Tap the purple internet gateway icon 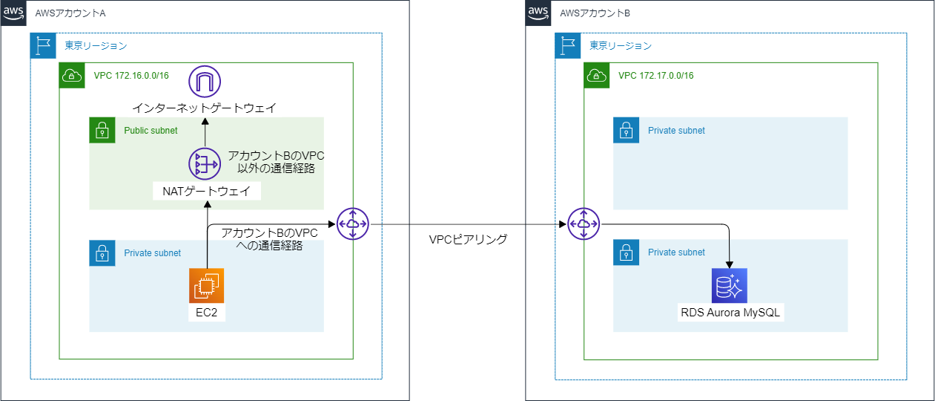[205, 81]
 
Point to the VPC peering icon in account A [353, 224]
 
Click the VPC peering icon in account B [584, 224]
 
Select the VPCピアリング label [468, 239]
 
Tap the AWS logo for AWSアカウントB [539, 13]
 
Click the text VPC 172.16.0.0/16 [131, 76]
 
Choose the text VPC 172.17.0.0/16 [656, 76]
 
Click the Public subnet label [151, 131]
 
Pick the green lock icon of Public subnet [102, 131]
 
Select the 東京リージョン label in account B [621, 46]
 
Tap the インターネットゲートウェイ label [204, 108]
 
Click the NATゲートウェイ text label [206, 192]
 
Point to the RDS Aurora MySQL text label [731, 312]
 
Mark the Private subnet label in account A [152, 253]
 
